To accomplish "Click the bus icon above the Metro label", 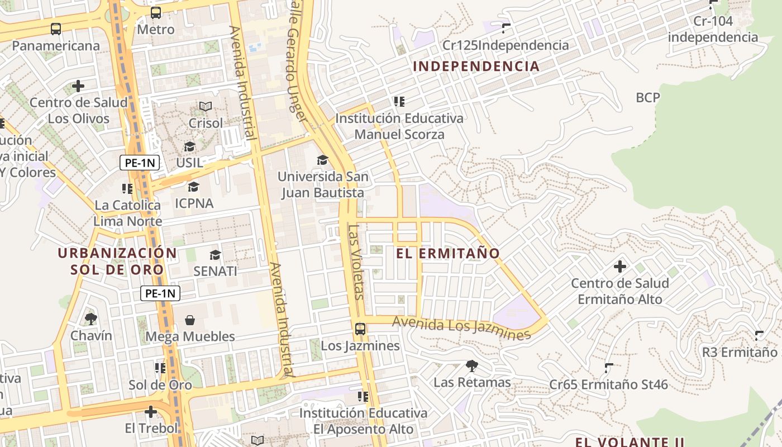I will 156,12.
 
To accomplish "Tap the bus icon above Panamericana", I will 56,29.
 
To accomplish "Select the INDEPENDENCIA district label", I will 476,66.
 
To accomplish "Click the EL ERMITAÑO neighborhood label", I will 448,253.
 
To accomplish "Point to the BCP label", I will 648,98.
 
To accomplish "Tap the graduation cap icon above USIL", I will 190,146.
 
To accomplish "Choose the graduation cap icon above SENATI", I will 215,255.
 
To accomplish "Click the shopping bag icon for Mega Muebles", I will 190,320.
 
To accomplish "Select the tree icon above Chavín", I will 91,319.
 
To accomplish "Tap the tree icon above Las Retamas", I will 472,366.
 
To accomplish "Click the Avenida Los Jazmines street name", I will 461,328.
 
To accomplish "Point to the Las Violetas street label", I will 356,261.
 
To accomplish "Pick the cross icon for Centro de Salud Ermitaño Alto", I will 620,267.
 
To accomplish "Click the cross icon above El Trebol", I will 151,412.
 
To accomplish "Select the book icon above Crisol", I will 206,106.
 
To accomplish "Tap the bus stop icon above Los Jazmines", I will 360,329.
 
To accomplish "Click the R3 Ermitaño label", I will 740,353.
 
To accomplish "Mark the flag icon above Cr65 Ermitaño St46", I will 608,368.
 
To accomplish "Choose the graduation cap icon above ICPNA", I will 194,187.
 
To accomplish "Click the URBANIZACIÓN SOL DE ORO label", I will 117,261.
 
